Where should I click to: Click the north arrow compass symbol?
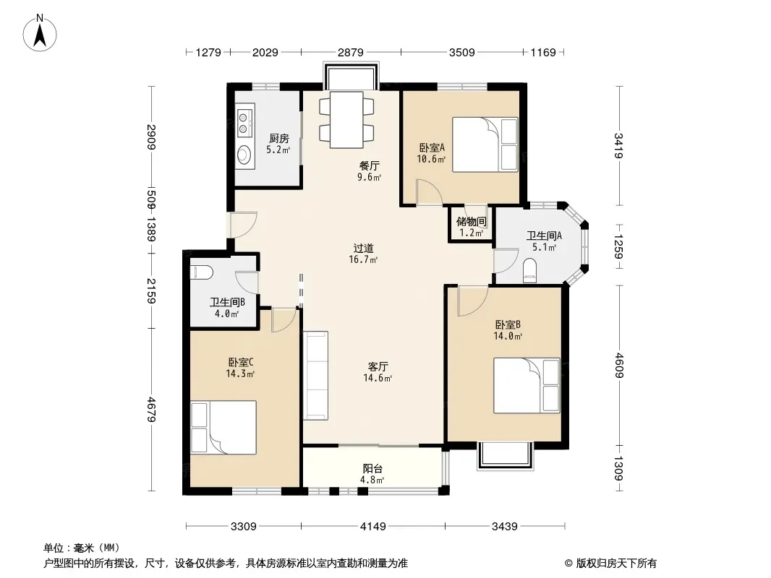(x=40, y=33)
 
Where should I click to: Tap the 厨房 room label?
(x=278, y=139)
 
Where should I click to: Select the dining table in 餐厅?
(x=346, y=120)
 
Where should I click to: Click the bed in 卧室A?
(x=485, y=144)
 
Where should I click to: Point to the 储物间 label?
(x=471, y=222)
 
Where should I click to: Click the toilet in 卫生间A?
(x=529, y=271)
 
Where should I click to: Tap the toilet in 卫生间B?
(x=202, y=272)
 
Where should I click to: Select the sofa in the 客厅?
(x=315, y=376)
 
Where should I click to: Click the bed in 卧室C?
(x=223, y=427)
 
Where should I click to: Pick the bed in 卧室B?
(x=527, y=386)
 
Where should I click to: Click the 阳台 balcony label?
(x=372, y=469)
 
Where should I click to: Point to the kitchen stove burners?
(x=244, y=123)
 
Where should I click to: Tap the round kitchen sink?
(x=244, y=155)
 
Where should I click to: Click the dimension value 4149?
(x=372, y=527)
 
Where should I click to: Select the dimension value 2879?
(x=351, y=52)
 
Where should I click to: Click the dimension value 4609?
(x=618, y=366)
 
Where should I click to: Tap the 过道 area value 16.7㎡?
(x=363, y=260)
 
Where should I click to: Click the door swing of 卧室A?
(x=430, y=191)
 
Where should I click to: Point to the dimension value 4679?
(x=151, y=409)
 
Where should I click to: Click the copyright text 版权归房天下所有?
(x=616, y=564)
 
